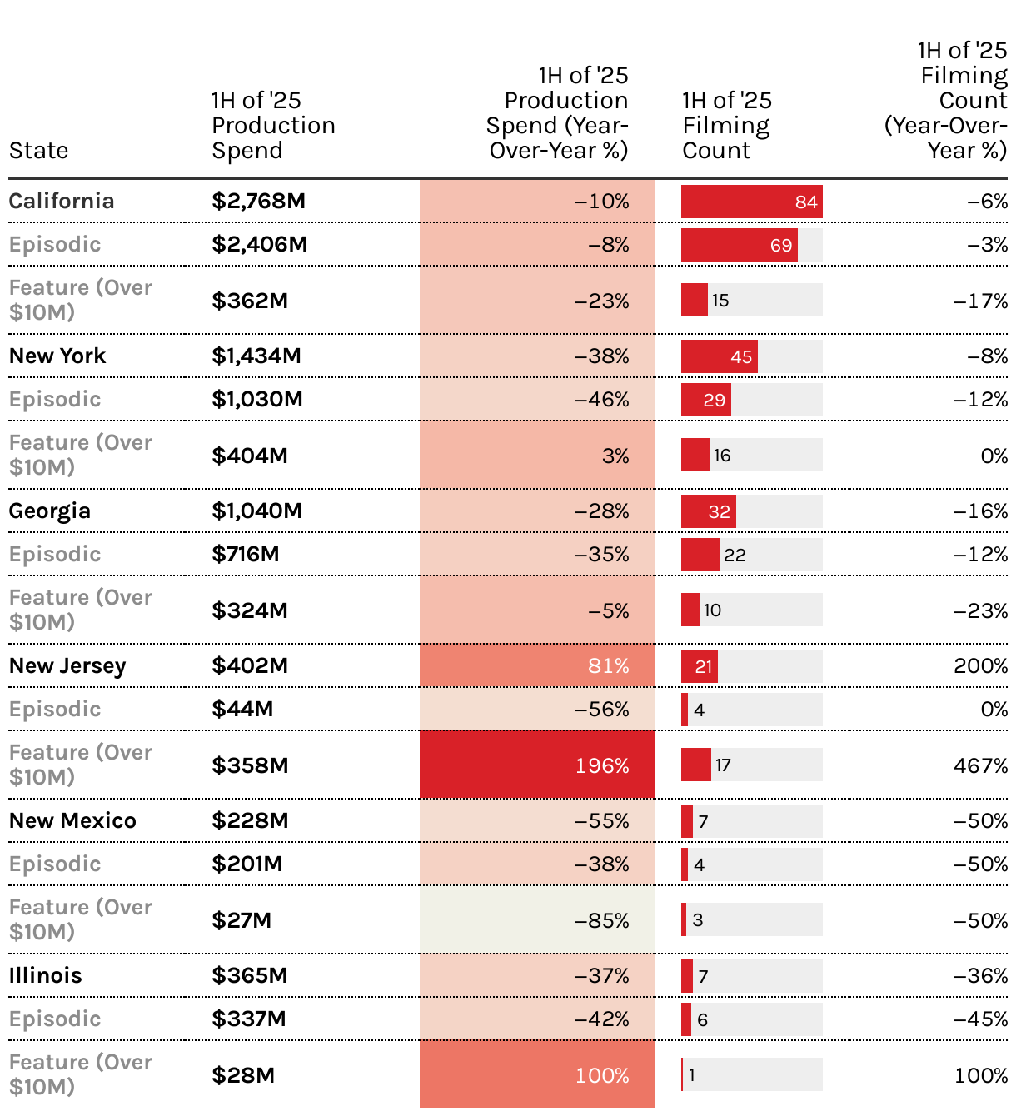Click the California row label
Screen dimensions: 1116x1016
coord(62,201)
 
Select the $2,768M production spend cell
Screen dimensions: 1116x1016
coord(258,201)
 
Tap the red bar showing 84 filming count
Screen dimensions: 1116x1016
coord(751,202)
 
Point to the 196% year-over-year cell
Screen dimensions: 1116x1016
coord(537,765)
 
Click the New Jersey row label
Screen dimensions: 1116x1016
coord(67,665)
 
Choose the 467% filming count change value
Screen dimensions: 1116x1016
coord(980,765)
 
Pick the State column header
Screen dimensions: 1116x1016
coord(39,151)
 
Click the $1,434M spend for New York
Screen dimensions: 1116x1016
coord(256,356)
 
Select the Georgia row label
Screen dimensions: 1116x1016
coord(50,511)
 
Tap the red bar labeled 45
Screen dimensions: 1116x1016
coord(719,356)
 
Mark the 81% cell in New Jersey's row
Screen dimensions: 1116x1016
coord(537,665)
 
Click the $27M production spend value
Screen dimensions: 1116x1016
coord(242,920)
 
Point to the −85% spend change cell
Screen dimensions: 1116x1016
coord(537,920)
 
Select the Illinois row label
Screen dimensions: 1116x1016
coord(46,975)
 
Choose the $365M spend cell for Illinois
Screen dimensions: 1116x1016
coord(249,975)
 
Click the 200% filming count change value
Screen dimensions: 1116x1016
coord(980,665)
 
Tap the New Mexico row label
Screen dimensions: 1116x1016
coord(72,820)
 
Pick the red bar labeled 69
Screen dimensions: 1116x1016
coord(739,245)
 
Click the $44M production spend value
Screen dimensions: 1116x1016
coord(242,709)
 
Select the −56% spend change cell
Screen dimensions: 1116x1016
coord(537,709)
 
